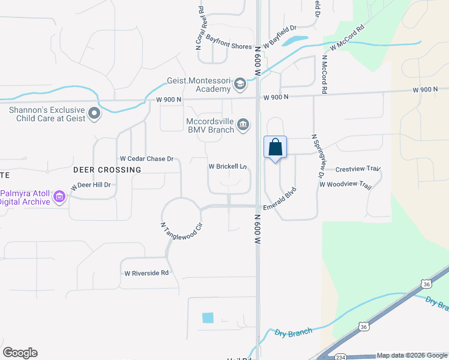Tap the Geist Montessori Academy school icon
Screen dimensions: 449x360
[240, 83]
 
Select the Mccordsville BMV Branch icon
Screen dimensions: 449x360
[243, 124]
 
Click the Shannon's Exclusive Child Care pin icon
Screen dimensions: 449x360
[94, 113]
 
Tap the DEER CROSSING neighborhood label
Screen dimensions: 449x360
[107, 170]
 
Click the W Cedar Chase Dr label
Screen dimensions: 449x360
[146, 159]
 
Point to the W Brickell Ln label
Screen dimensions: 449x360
[228, 166]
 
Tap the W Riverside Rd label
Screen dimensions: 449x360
[146, 273]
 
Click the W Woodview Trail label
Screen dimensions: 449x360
[346, 184]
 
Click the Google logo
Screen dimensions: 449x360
[20, 353]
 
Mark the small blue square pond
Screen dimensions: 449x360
[208, 318]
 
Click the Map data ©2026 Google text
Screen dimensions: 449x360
[411, 355]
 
